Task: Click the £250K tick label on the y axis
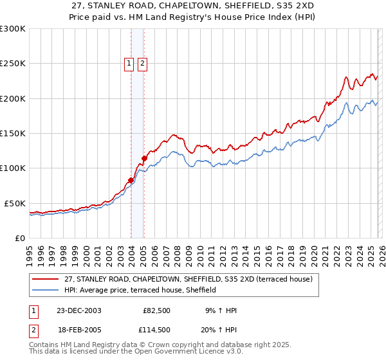point(13,64)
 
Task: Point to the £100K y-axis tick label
point(13,168)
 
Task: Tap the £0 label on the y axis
point(20,238)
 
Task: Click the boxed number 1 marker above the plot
point(129,63)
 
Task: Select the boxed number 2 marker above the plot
point(142,63)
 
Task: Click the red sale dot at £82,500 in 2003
point(131,181)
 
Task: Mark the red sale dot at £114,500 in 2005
point(144,158)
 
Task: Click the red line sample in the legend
point(46,279)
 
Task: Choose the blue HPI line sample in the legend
point(46,290)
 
